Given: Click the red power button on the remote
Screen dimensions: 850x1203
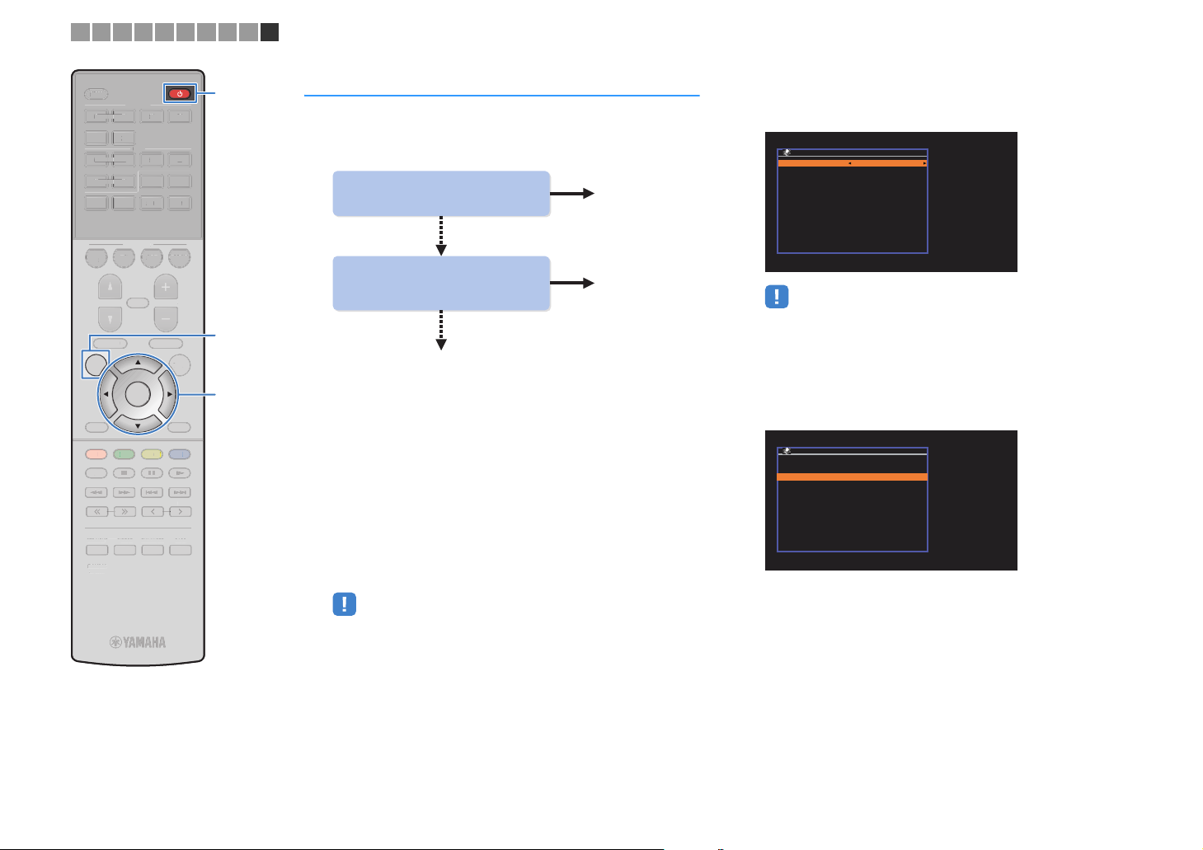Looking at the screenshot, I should pyautogui.click(x=180, y=93).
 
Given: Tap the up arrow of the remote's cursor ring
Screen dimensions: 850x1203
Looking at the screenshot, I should pyautogui.click(x=138, y=362).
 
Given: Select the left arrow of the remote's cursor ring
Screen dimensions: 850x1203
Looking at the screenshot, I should pyautogui.click(x=106, y=394).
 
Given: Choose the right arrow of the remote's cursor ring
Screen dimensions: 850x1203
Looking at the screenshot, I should pyautogui.click(x=170, y=394).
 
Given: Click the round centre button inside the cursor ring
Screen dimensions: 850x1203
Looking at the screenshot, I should pyautogui.click(x=138, y=394).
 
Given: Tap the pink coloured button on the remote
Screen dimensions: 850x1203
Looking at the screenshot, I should pyautogui.click(x=96, y=454).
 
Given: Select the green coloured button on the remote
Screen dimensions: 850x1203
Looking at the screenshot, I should pyautogui.click(x=124, y=454).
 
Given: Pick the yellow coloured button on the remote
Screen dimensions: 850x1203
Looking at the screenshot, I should pyautogui.click(x=152, y=454).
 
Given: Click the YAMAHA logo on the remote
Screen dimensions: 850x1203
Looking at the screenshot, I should pyautogui.click(x=139, y=642).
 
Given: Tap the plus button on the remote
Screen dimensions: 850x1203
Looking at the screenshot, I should pyautogui.click(x=166, y=288).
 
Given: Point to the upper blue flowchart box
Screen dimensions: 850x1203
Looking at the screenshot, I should pyautogui.click(x=441, y=194).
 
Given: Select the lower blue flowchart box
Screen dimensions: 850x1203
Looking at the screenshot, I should pyautogui.click(x=441, y=283).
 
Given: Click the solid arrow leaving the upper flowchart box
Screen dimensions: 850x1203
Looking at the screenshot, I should pyautogui.click(x=572, y=194).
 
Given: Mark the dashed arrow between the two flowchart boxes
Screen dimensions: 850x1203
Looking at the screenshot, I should pyautogui.click(x=441, y=236).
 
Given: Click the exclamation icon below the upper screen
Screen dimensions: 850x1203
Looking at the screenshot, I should pyautogui.click(x=777, y=297).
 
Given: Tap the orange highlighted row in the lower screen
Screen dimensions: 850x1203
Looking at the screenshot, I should pyautogui.click(x=853, y=477).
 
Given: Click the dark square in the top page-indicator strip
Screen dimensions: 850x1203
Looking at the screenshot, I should pyautogui.click(x=270, y=32).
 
